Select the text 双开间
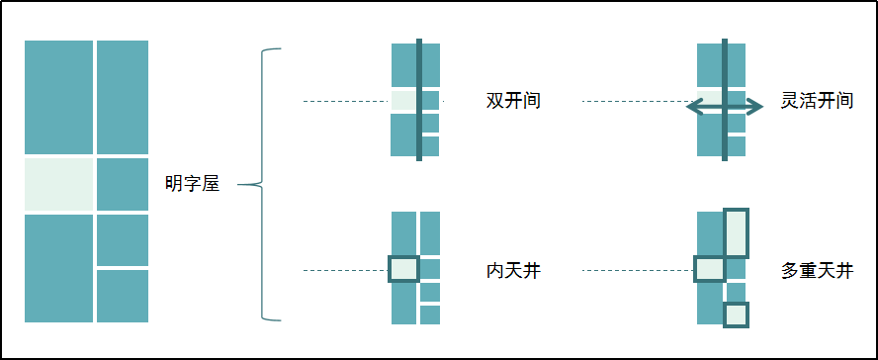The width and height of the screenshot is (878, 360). click(513, 101)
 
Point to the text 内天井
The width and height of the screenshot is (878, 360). click(513, 270)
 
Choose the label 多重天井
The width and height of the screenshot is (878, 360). click(817, 270)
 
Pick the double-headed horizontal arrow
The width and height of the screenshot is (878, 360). click(726, 107)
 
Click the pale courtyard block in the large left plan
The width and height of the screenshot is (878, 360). click(58, 184)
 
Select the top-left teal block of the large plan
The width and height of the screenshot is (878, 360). click(58, 96)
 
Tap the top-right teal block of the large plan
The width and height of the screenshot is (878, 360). click(123, 96)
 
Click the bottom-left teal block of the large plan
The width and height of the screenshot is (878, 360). click(58, 267)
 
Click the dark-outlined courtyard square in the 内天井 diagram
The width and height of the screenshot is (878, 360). click(403, 269)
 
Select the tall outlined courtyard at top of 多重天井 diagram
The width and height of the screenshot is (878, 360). click(737, 232)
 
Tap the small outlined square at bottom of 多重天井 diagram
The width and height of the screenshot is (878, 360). click(737, 315)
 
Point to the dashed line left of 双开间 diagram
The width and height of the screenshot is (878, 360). click(346, 101)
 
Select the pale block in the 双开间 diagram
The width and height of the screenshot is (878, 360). click(403, 101)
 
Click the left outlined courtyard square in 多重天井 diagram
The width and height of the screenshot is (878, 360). click(710, 269)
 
